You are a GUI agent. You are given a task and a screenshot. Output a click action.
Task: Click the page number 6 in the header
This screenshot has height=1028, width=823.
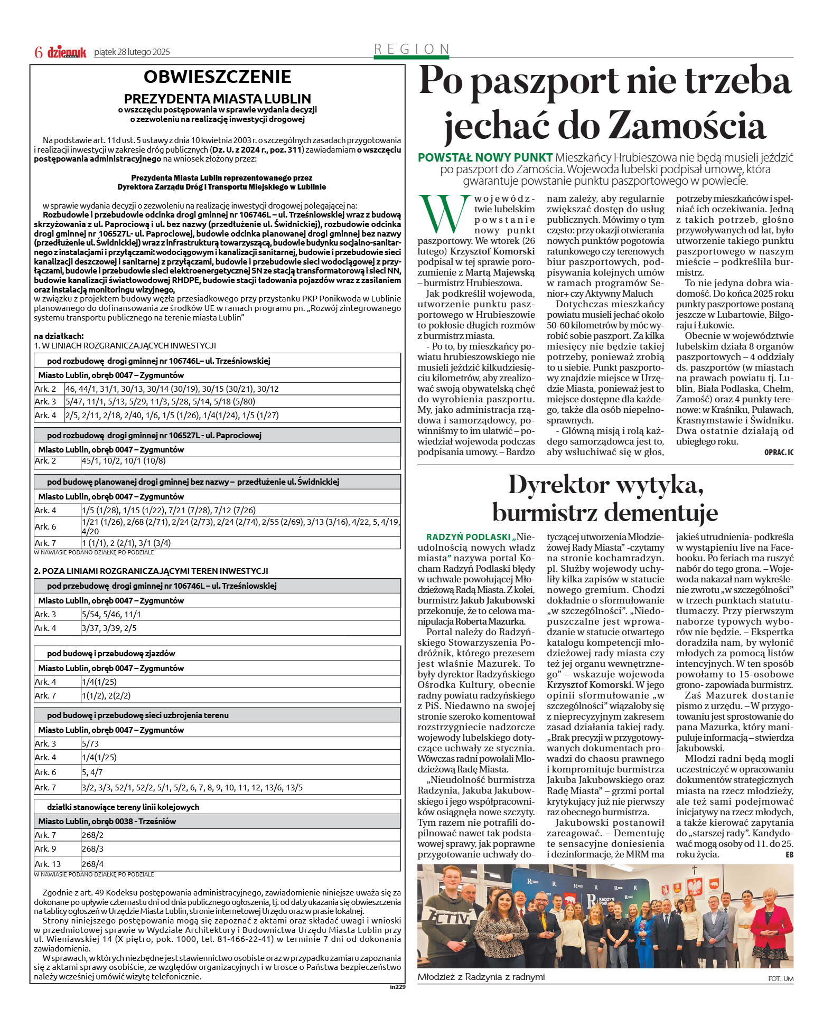point(38,52)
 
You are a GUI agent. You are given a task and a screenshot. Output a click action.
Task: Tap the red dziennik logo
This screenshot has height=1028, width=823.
point(67,52)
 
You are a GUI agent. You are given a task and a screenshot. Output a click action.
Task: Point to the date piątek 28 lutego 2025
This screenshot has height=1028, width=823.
point(132,52)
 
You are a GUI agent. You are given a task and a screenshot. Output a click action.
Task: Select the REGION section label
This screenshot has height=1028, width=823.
point(411,49)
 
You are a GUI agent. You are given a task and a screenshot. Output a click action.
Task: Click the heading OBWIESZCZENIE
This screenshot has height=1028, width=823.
point(217,77)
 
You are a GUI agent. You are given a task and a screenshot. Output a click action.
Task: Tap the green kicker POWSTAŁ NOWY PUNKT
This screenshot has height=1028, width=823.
point(485,157)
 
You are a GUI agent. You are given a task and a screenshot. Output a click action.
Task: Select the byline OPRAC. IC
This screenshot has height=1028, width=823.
point(778,452)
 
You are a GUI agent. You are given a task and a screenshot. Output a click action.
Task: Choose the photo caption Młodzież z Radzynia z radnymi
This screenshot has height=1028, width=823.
point(481,977)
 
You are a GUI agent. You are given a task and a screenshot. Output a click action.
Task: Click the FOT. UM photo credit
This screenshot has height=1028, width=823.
point(780,978)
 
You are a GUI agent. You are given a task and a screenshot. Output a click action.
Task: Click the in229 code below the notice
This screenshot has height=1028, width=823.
point(397,986)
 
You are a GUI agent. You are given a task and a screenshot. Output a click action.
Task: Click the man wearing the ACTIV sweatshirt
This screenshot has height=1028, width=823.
point(448,919)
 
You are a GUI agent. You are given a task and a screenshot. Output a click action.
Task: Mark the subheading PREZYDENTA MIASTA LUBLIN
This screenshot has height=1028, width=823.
point(217,99)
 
